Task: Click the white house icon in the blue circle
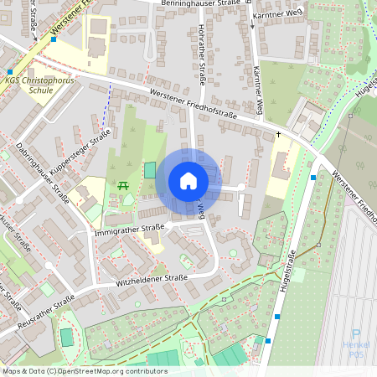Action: [188, 181]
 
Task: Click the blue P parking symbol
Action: [356, 333]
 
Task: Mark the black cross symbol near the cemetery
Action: [278, 134]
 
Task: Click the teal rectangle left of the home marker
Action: [150, 170]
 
